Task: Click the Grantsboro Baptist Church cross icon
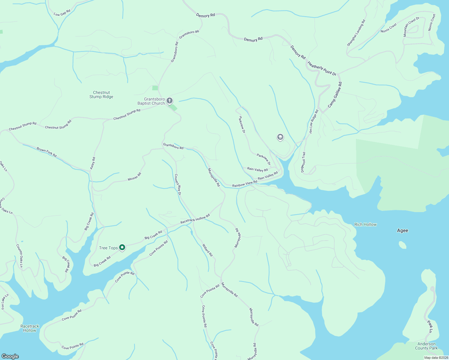(x=170, y=101)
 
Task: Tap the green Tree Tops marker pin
(x=122, y=247)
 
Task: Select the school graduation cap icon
(x=280, y=137)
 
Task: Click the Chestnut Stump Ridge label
(x=101, y=95)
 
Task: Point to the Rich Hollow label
(x=365, y=224)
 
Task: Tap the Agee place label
(x=402, y=230)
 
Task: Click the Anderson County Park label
(x=426, y=346)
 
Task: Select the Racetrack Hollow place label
(x=30, y=328)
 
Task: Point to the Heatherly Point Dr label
(x=321, y=68)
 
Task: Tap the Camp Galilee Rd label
(x=335, y=95)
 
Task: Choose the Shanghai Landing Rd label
(x=356, y=33)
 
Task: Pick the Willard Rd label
(x=207, y=250)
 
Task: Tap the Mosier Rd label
(x=134, y=177)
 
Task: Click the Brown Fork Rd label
(x=47, y=152)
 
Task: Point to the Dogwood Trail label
(x=303, y=162)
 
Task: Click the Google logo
(x=10, y=356)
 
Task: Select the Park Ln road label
(x=430, y=326)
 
